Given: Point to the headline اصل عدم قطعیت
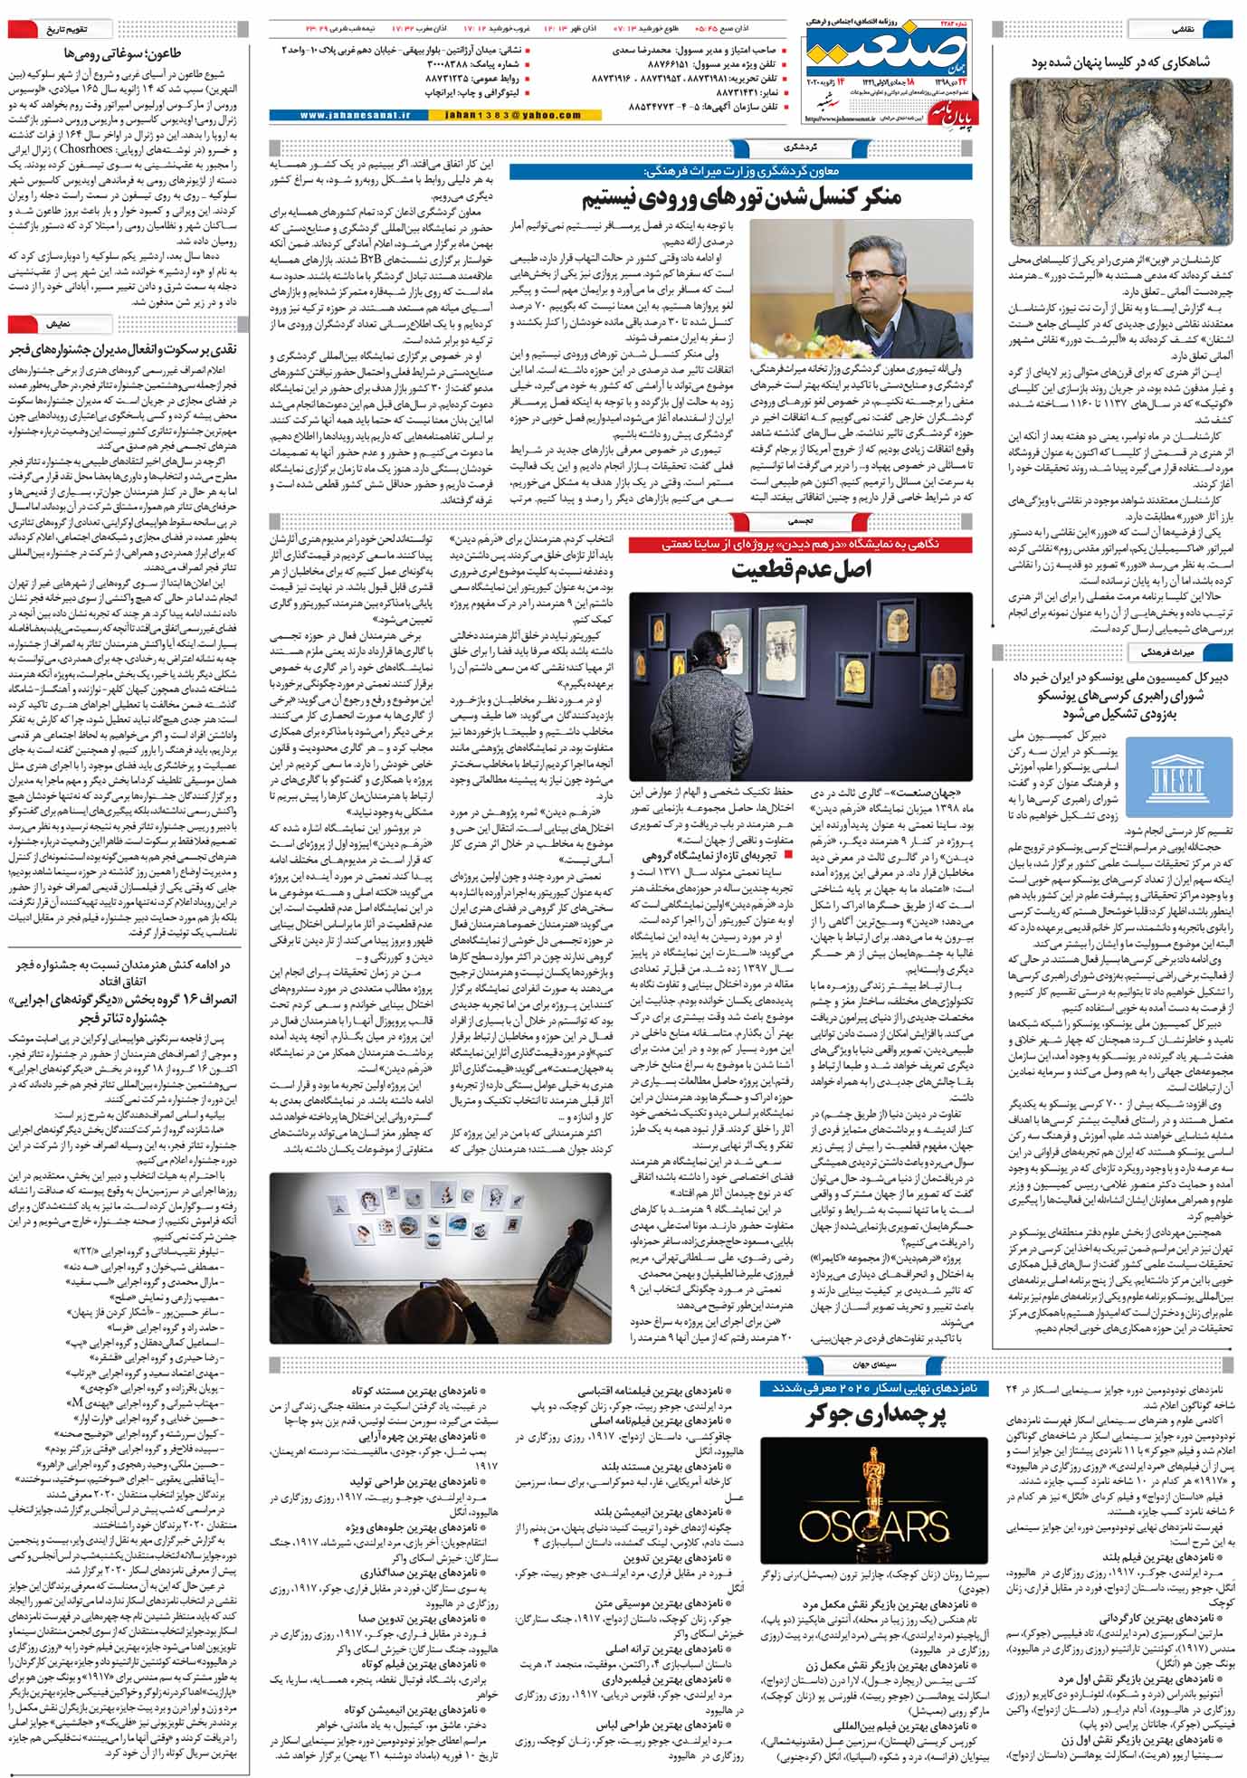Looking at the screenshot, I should pos(802,569).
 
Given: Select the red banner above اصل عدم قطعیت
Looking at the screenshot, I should pos(801,544).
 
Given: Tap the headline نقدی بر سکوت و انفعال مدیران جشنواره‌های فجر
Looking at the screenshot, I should pos(122,349).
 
